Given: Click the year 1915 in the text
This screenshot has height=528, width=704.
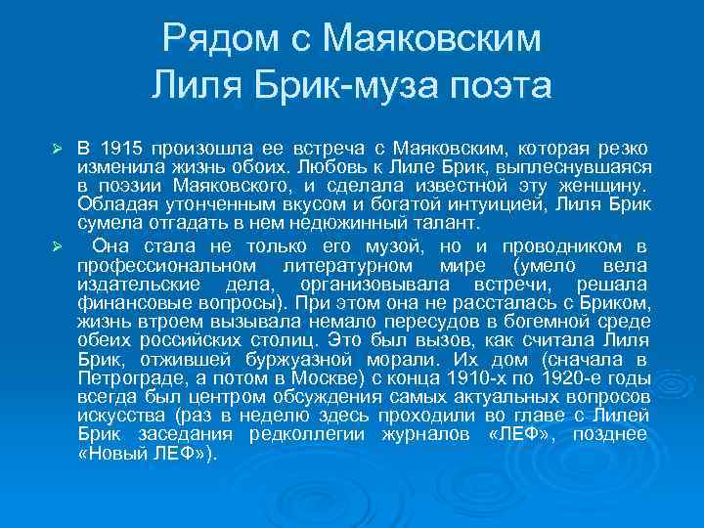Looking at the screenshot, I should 121,148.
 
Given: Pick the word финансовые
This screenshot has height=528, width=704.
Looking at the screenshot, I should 123,302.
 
